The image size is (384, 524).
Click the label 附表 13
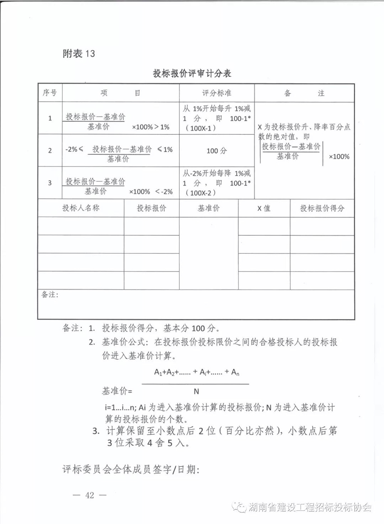click(79, 53)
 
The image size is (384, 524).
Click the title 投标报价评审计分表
click(192, 73)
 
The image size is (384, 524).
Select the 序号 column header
click(50, 93)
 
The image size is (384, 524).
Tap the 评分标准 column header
click(216, 93)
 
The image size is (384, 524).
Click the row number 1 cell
click(50, 118)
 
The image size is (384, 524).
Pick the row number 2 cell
click(50, 150)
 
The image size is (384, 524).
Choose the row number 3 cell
click(50, 182)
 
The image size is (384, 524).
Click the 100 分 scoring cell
click(216, 151)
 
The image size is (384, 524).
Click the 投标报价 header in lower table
click(151, 208)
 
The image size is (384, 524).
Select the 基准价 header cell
click(208, 208)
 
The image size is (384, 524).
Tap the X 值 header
click(264, 208)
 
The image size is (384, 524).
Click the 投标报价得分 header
click(322, 208)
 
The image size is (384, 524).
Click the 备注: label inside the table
click(51, 295)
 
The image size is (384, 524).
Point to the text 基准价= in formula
click(117, 391)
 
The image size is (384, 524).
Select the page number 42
click(89, 495)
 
